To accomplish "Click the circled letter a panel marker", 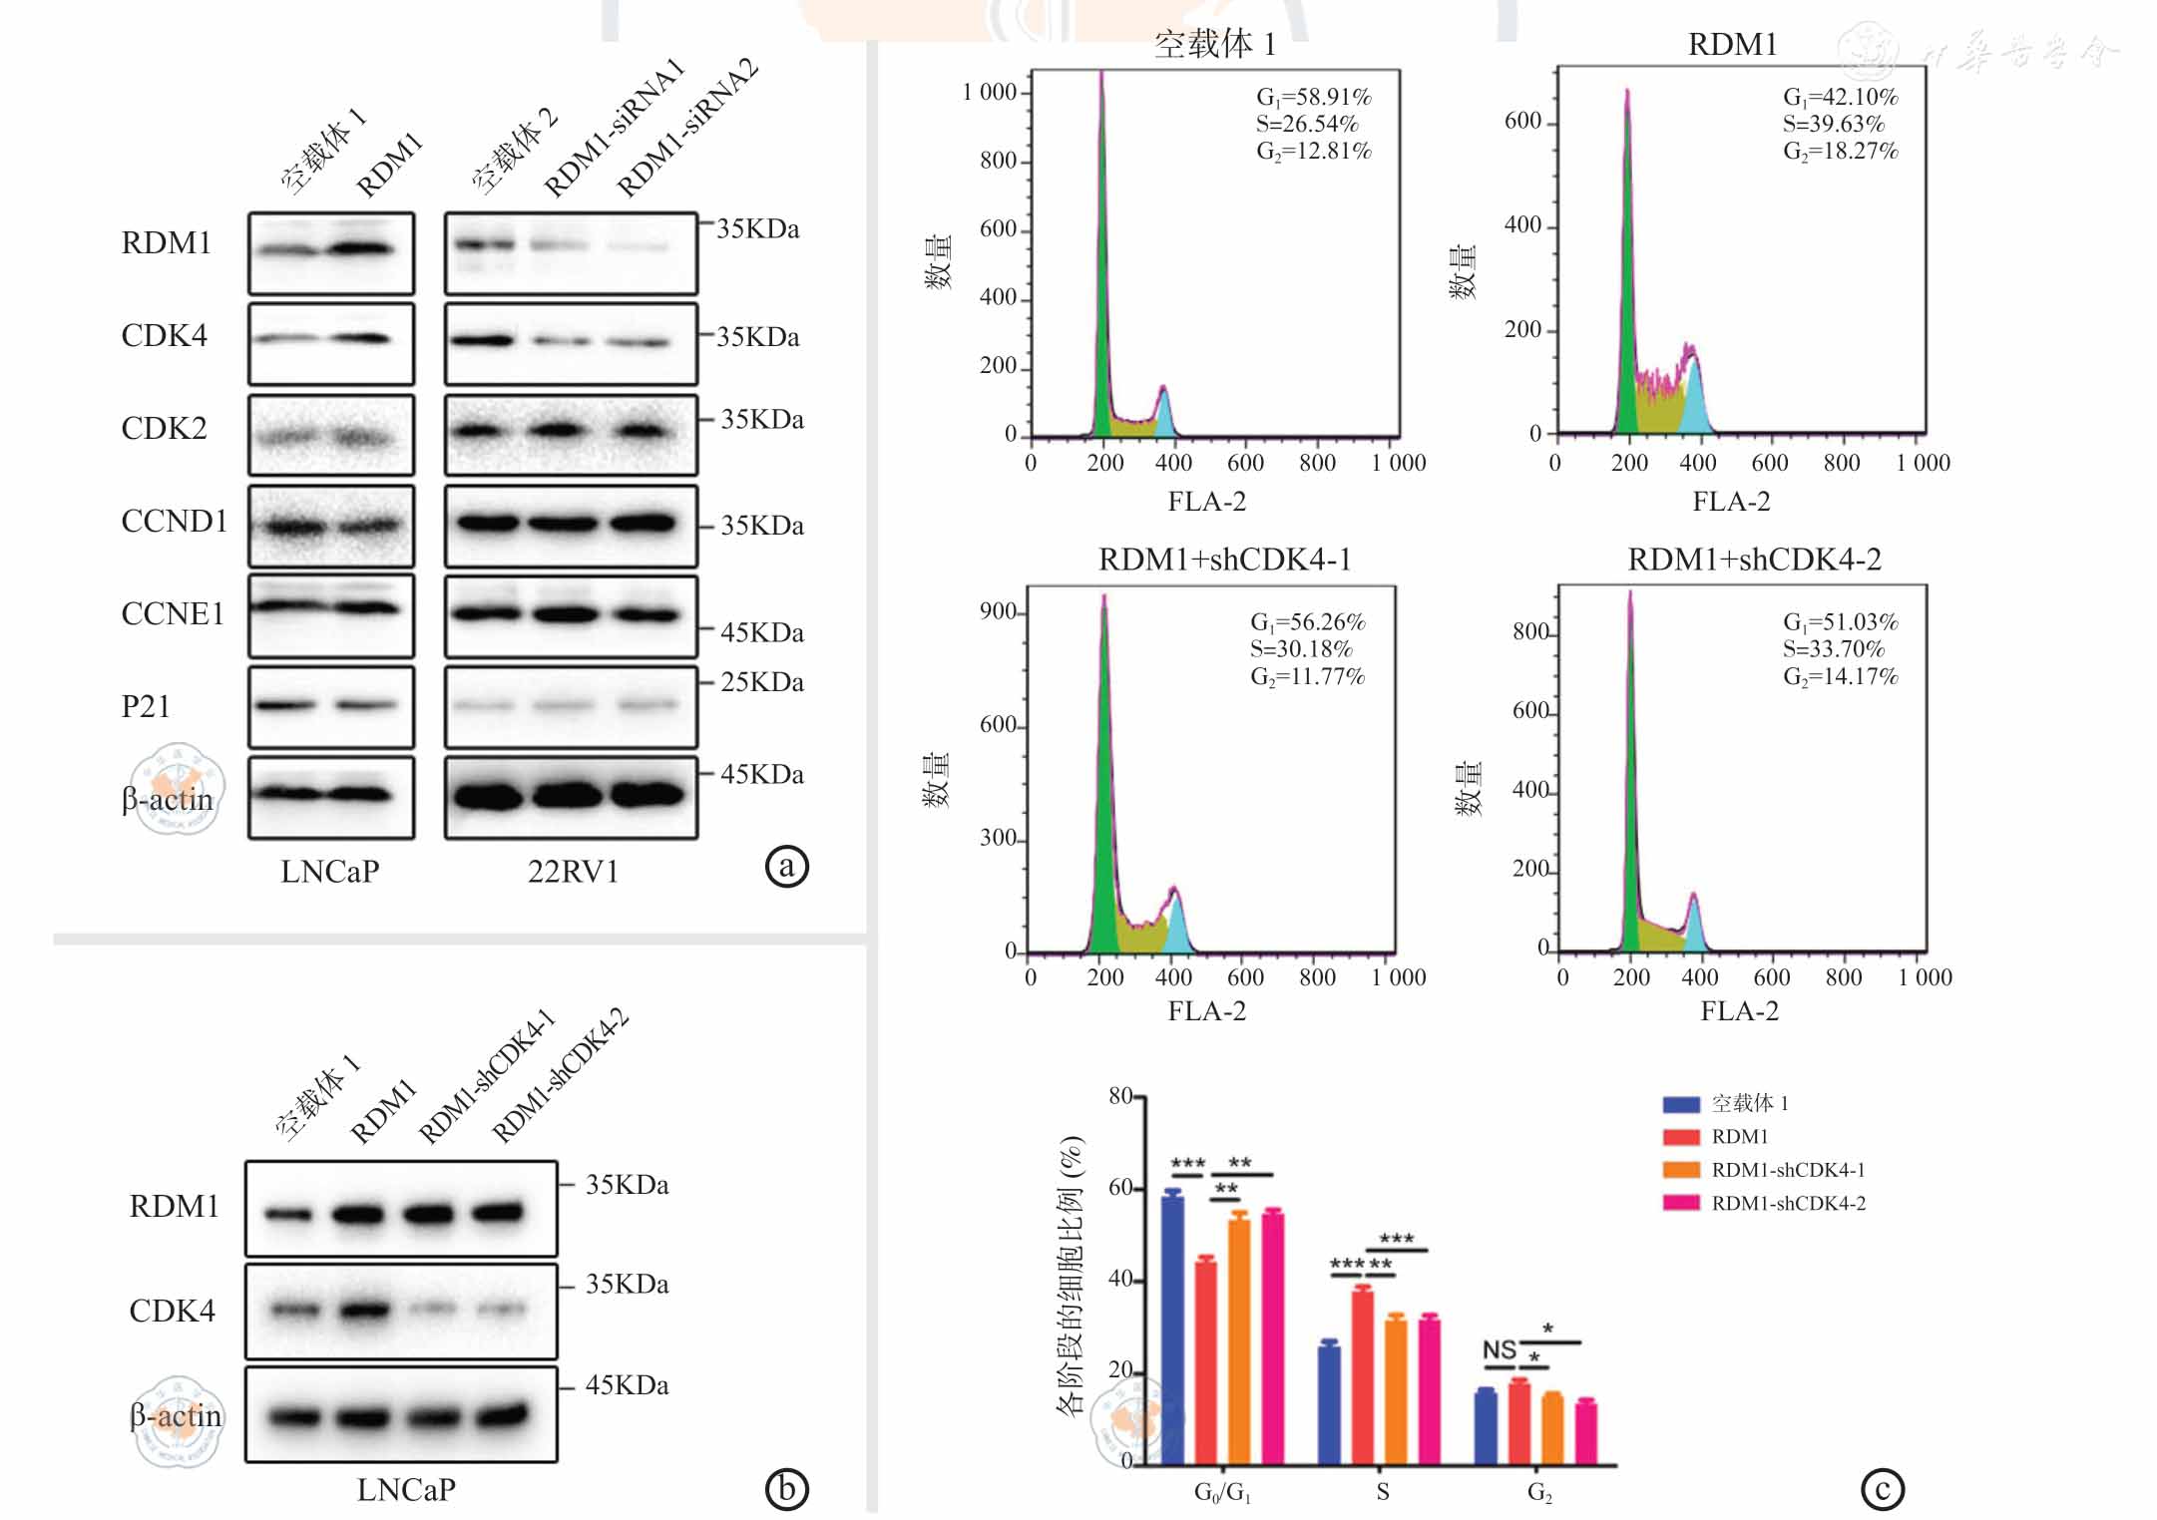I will click(x=786, y=866).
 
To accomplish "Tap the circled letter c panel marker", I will click(x=1882, y=1489).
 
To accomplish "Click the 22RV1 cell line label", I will click(x=573, y=872).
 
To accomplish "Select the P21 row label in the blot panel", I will click(x=146, y=706).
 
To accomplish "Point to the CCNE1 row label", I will click(x=173, y=613).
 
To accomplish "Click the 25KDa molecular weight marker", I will click(x=761, y=682).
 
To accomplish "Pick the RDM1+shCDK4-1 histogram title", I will click(x=1224, y=560).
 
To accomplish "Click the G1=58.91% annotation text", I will click(x=1313, y=97).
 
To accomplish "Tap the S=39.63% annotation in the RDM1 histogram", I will click(x=1833, y=124).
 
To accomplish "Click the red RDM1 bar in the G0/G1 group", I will click(x=1205, y=1362).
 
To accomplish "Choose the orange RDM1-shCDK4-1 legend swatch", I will click(x=1681, y=1170).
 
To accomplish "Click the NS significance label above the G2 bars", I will click(x=1499, y=1350).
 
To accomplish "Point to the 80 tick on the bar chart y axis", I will click(x=1120, y=1096).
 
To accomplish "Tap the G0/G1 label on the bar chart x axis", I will click(x=1222, y=1492).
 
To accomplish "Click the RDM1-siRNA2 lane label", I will click(x=687, y=128).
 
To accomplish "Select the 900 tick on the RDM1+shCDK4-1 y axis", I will click(x=998, y=611).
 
